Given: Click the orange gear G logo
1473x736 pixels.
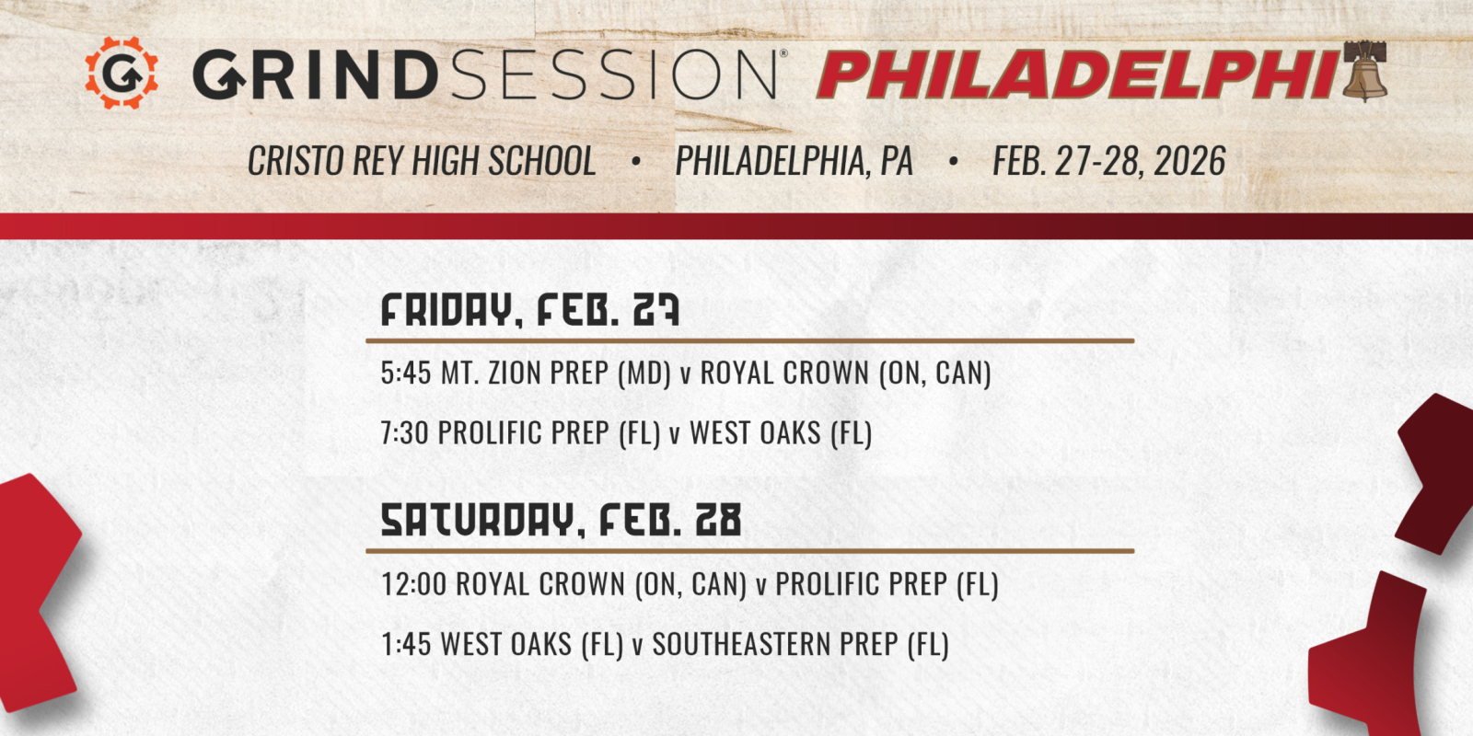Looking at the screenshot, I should pyautogui.click(x=121, y=73).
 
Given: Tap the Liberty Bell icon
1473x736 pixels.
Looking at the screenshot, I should pyautogui.click(x=1364, y=71).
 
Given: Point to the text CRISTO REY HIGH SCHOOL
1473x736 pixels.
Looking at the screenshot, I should pyautogui.click(x=422, y=162).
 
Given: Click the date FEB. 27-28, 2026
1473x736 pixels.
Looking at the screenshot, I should pyautogui.click(x=1108, y=162).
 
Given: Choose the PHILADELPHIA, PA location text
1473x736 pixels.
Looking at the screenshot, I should pyautogui.click(x=794, y=162).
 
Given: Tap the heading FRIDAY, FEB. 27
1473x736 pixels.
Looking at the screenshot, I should pyautogui.click(x=529, y=311).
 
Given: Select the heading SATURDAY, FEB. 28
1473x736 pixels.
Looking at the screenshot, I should pyautogui.click(x=561, y=521).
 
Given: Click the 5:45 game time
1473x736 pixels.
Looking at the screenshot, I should pyautogui.click(x=405, y=374).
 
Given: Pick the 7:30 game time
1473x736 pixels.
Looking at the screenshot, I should pyautogui.click(x=404, y=433).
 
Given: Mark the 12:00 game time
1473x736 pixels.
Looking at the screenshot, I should pyautogui.click(x=413, y=584).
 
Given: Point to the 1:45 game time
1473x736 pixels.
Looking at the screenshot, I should pyautogui.click(x=405, y=644).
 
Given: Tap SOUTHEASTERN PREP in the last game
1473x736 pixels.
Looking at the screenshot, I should pyautogui.click(x=775, y=644).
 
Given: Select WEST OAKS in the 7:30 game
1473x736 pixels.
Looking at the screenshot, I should pyautogui.click(x=755, y=433).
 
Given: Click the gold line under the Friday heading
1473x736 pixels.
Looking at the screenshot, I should pyautogui.click(x=749, y=340).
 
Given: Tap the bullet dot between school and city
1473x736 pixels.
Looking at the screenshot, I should pyautogui.click(x=635, y=162).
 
